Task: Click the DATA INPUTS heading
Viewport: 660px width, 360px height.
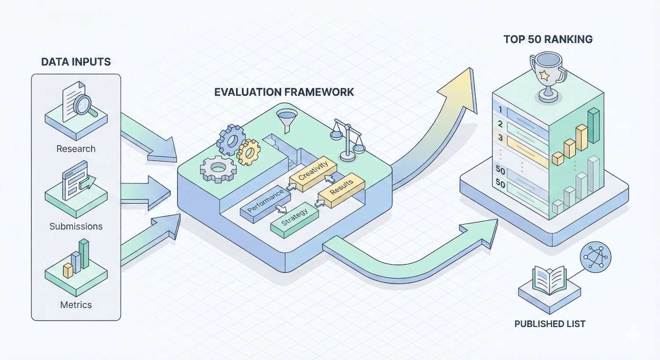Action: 76,62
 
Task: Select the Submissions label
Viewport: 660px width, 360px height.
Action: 76,226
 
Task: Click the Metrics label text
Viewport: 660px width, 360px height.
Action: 76,305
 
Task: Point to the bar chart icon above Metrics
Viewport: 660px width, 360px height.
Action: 77,260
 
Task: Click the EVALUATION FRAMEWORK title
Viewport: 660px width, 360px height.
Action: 284,92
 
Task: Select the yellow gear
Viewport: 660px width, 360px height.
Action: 249,151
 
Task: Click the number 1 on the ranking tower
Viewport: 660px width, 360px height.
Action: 500,109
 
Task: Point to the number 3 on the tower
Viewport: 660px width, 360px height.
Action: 500,138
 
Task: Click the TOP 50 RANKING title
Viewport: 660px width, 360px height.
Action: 548,39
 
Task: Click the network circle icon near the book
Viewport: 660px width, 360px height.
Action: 595,257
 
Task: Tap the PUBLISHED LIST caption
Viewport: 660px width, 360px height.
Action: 550,324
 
